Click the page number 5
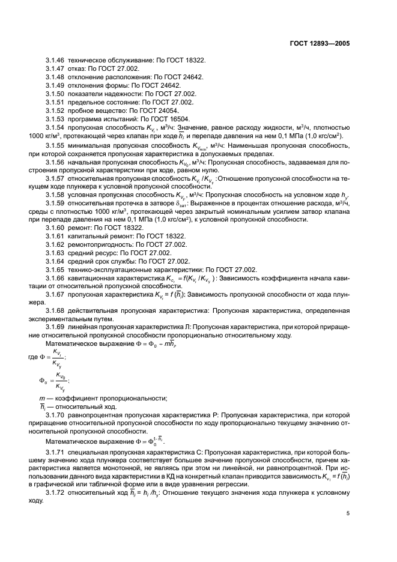348,513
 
